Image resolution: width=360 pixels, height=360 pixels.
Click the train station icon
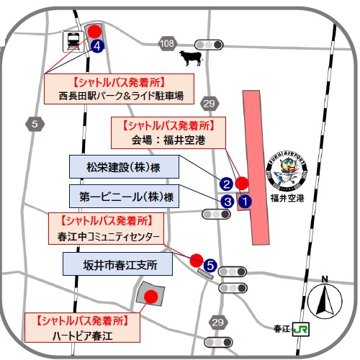73,42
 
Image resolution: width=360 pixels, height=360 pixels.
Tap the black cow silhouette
191,58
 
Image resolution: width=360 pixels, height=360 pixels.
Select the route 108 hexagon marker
167,44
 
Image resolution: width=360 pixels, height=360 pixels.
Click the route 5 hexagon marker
35,124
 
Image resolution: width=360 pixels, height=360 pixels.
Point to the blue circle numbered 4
97,46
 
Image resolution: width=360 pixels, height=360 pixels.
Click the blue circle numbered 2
226,184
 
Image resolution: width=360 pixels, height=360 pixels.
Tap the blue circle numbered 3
227,202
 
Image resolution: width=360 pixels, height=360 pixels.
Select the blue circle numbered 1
245,201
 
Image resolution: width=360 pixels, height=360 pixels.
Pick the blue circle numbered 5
210,266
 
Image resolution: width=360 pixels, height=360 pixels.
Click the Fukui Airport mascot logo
287,172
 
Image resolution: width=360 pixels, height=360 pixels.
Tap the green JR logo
301,329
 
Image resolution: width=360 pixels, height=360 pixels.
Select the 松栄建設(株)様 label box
124,166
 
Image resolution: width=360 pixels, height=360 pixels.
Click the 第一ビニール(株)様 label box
124,196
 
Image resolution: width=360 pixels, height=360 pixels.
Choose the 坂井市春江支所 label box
117,264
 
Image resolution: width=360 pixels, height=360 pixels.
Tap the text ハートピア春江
82,336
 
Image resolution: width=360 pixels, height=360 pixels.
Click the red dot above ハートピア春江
151,297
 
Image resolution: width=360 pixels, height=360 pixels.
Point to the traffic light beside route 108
209,45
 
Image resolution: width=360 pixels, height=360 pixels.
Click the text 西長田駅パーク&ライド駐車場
121,96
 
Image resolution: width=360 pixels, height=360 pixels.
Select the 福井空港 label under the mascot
287,198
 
